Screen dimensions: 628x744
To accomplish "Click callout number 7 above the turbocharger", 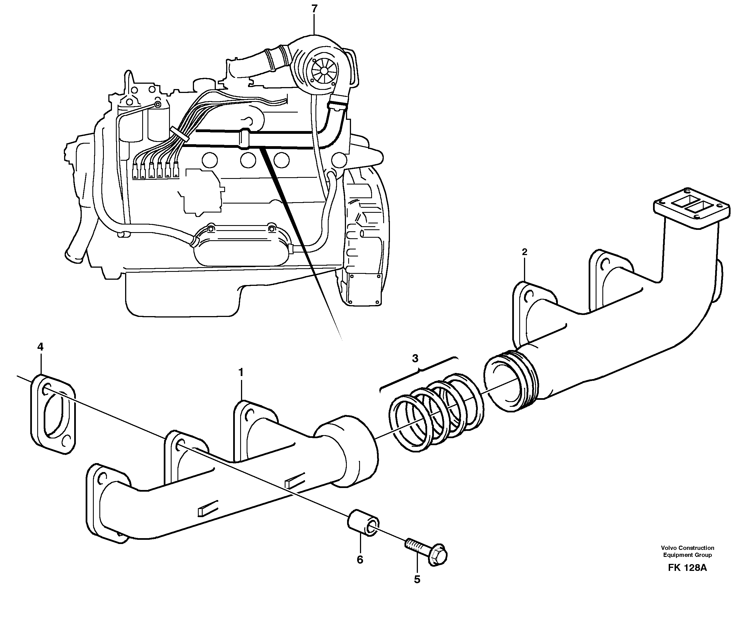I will coord(314,9).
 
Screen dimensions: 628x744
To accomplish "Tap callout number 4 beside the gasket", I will coord(40,346).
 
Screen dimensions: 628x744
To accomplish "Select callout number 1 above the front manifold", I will coord(241,372).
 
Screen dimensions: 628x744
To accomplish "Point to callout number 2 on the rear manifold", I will coord(524,252).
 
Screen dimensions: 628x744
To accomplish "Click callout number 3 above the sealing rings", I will coord(415,358).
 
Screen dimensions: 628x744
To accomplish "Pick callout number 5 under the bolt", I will coord(417,579).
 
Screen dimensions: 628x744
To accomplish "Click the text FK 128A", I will coord(687,577).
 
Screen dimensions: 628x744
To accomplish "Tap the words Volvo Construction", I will coord(687,548).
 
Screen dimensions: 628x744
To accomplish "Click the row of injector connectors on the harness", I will coord(156,171).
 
